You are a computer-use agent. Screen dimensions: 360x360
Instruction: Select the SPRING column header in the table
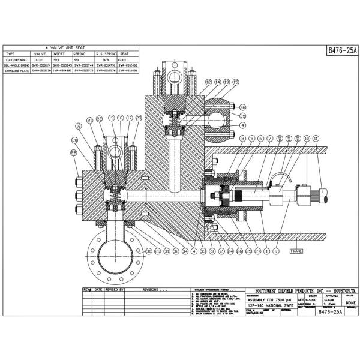pos(79,53)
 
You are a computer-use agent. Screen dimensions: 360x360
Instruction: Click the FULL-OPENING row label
pos(16,60)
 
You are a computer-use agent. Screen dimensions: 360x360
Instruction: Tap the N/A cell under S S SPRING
pos(107,60)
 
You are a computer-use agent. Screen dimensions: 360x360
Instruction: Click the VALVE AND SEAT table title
pos(71,47)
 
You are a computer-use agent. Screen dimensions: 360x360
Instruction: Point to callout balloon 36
pos(243,107)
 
